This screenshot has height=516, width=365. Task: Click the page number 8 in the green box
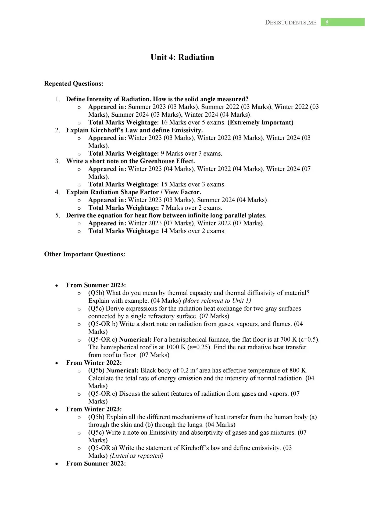point(327,22)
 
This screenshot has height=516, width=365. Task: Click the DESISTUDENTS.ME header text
point(291,23)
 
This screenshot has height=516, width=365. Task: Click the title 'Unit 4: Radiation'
point(182,57)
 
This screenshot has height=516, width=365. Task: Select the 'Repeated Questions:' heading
point(74,84)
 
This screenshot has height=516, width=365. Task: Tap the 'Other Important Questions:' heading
point(85,254)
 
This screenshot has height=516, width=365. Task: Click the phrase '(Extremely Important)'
point(260,123)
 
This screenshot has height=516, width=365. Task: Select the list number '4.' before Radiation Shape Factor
point(58,192)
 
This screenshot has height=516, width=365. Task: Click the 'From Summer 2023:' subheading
point(96,285)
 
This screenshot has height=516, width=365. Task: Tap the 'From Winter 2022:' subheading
point(94,363)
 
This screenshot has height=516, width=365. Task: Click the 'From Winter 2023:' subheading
point(94,409)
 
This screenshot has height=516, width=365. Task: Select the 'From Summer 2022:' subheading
point(96,464)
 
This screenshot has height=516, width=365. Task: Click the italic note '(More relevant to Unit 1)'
point(217,301)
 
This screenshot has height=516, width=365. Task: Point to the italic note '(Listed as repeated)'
point(136,456)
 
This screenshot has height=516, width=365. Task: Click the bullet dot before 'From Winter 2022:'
point(57,363)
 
